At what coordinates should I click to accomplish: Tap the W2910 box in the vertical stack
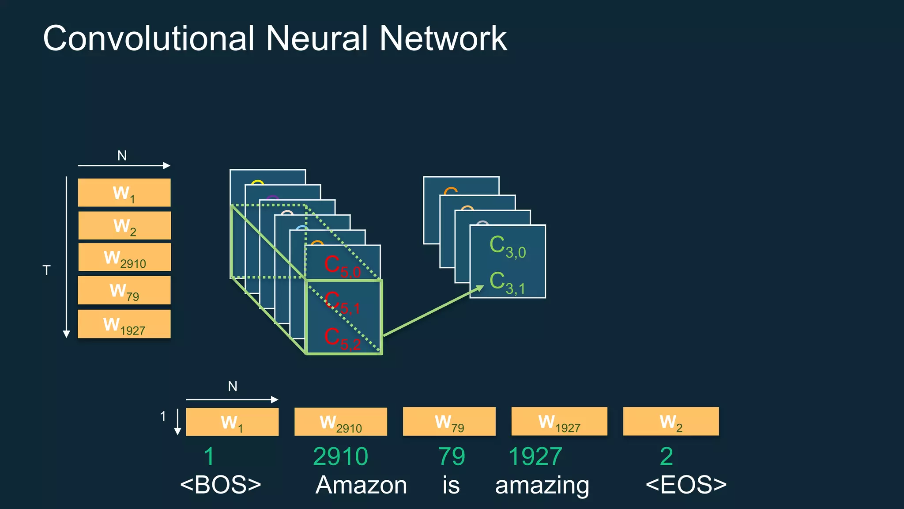(124, 258)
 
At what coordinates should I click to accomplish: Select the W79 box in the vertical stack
(124, 290)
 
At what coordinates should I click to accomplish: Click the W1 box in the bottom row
(232, 422)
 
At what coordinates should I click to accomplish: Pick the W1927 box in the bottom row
(559, 422)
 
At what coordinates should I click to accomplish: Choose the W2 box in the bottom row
(670, 422)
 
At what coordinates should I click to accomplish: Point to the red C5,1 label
(343, 303)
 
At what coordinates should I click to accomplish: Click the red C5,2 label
(343, 339)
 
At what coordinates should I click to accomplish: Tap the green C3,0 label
(508, 247)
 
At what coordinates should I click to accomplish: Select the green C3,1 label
(508, 283)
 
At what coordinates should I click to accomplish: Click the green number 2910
(340, 456)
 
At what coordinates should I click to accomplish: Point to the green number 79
(451, 456)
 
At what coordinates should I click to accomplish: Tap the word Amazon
(361, 485)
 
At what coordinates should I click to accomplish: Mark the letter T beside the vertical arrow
(46, 270)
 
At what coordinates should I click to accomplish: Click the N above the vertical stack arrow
(122, 156)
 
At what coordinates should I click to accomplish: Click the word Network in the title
(443, 38)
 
